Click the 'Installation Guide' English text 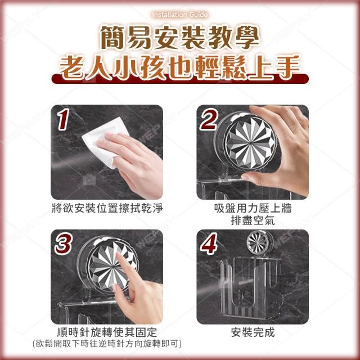180,15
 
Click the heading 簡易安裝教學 180,38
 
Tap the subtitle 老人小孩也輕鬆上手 180,67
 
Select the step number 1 63,119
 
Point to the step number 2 209,119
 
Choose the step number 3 64,244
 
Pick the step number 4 209,244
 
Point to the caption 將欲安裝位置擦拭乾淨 107,208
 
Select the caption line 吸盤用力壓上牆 253,208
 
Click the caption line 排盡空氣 253,220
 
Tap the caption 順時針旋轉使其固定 107,332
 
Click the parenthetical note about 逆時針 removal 107,344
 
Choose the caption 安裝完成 253,332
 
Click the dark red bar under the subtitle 180,80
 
